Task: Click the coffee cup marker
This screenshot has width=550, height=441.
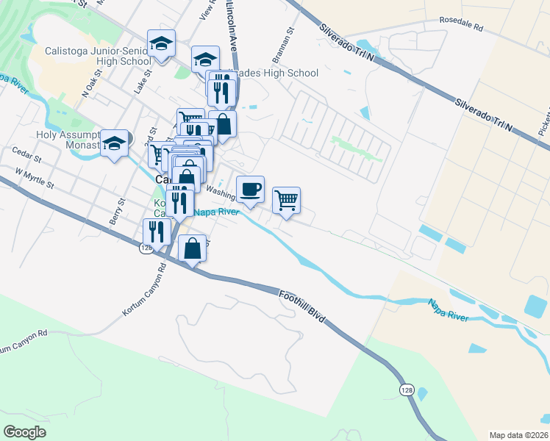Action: pos(250,189)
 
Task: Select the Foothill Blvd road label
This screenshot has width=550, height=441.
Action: pos(302,307)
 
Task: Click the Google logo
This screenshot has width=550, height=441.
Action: pos(25,431)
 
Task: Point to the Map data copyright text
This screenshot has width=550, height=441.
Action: pos(519,435)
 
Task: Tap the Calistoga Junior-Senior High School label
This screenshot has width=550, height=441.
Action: pos(87,56)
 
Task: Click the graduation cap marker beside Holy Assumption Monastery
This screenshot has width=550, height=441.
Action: pos(115,143)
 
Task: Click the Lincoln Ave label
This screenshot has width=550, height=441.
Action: pos(232,33)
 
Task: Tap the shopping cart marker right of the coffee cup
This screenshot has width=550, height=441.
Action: pos(286,199)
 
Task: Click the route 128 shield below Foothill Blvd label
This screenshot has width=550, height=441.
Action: pos(407,388)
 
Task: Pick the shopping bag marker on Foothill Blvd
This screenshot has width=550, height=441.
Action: pos(192,248)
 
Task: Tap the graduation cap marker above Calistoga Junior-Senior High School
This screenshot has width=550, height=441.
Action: pos(161,43)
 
